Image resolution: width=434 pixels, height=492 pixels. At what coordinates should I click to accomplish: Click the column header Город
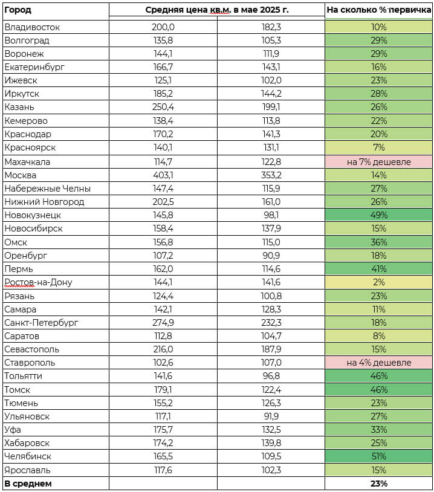pyautogui.click(x=18, y=10)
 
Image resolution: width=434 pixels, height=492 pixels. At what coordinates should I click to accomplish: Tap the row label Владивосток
pyautogui.click(x=32, y=27)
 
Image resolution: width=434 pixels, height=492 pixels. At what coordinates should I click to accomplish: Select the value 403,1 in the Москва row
pyautogui.click(x=163, y=175)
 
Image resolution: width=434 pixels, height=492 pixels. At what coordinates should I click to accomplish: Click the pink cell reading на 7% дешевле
pyautogui.click(x=378, y=162)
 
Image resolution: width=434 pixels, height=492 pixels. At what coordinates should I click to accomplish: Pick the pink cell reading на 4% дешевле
pyautogui.click(x=378, y=363)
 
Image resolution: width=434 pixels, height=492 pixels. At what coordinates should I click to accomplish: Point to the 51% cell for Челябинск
pyautogui.click(x=378, y=456)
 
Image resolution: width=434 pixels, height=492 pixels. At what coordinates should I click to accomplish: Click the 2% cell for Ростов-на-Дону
pyautogui.click(x=378, y=282)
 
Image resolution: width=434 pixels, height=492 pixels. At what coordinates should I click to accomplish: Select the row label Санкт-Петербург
pyautogui.click(x=41, y=323)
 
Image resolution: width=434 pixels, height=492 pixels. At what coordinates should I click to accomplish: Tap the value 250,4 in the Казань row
pyautogui.click(x=163, y=107)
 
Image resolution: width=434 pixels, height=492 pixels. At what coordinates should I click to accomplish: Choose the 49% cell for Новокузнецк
pyautogui.click(x=378, y=215)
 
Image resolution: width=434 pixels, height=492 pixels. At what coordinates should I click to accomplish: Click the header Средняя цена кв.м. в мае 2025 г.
pyautogui.click(x=217, y=10)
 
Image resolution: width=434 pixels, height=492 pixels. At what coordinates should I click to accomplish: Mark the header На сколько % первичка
pyautogui.click(x=378, y=10)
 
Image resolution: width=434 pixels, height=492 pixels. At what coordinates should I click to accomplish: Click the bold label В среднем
pyautogui.click(x=28, y=484)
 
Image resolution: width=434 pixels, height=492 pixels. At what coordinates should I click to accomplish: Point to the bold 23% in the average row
pyautogui.click(x=378, y=484)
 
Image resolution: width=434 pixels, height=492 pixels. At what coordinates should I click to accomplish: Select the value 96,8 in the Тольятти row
pyautogui.click(x=271, y=376)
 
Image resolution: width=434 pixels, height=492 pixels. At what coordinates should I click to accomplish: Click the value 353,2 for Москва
pyautogui.click(x=271, y=175)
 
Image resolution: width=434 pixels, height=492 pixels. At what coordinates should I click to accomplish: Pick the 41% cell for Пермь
pyautogui.click(x=378, y=269)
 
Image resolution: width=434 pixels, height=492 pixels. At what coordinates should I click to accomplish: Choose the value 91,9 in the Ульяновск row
pyautogui.click(x=271, y=416)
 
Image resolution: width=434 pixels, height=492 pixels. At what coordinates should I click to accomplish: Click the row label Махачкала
pyautogui.click(x=27, y=162)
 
